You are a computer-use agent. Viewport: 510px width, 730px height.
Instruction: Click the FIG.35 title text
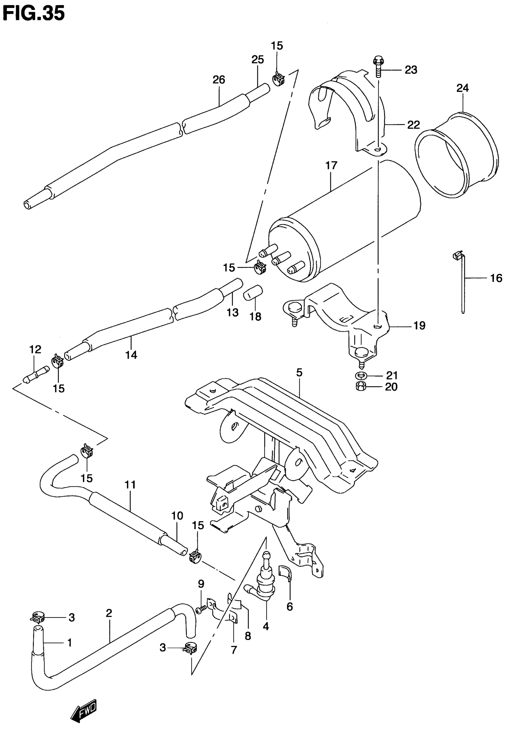(x=33, y=13)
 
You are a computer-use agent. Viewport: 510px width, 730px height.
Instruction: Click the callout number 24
(x=463, y=88)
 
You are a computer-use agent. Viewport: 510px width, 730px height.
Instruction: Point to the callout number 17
(x=331, y=165)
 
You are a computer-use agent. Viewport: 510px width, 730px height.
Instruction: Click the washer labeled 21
(x=361, y=376)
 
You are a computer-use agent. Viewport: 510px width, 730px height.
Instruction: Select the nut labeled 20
(x=361, y=387)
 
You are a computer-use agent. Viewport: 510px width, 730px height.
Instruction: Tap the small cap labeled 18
(x=253, y=292)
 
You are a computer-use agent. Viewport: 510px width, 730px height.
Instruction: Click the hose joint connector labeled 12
(x=36, y=374)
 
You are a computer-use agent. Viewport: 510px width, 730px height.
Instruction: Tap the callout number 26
(x=219, y=79)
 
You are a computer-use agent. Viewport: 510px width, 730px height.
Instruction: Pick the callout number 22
(x=413, y=125)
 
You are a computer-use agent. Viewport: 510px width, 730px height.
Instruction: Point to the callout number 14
(x=131, y=355)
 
